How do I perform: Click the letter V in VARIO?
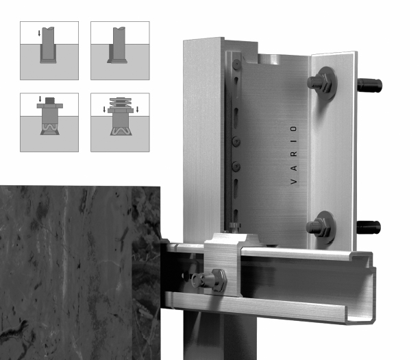[294, 182]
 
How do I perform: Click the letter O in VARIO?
[294, 129]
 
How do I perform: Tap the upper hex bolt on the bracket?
[322, 83]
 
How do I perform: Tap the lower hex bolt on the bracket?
[321, 227]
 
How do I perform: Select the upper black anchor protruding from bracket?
[370, 85]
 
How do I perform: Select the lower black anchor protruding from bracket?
[369, 227]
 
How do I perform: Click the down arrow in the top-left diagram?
[39, 33]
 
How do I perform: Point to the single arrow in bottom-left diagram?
[40, 99]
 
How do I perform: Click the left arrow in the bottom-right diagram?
[104, 109]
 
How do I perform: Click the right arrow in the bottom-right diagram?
[138, 109]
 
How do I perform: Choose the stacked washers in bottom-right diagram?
[121, 102]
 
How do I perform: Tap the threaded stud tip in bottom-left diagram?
[50, 101]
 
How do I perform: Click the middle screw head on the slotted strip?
[236, 141]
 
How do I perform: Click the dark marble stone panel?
[80, 273]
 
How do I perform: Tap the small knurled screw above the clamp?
[234, 226]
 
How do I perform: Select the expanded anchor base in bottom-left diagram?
[50, 129]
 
